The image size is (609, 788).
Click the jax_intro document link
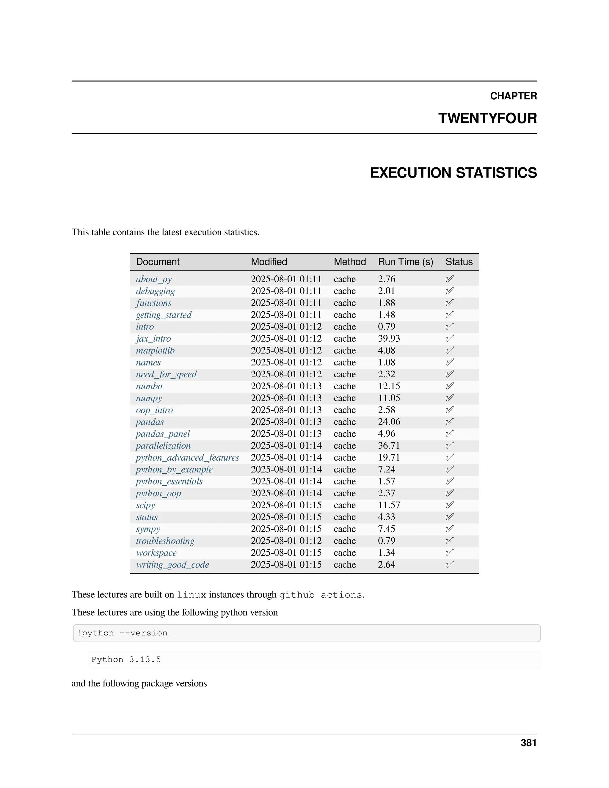coord(153,339)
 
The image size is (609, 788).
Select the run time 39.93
coord(389,339)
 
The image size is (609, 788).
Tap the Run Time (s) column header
coord(406,262)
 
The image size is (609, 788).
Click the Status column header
coord(459,262)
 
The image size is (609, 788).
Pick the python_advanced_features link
coord(187,458)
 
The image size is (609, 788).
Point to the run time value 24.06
coord(389,422)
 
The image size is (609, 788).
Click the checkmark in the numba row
coord(450,387)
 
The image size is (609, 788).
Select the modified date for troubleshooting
coord(286,541)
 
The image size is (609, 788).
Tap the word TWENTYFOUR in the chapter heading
coord(487,118)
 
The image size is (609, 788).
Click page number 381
coord(528,743)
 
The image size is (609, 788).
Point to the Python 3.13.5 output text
coord(126,660)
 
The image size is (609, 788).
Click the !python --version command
coord(122,633)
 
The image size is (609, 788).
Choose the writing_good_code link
coord(172,565)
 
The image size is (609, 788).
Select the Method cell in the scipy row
coord(345,506)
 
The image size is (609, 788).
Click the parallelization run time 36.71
coord(389,446)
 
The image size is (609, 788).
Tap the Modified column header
coord(269,262)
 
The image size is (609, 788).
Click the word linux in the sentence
coord(191,595)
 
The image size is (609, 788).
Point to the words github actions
coord(320,595)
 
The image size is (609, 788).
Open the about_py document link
coord(154,279)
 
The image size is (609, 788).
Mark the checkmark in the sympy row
coord(450,529)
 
